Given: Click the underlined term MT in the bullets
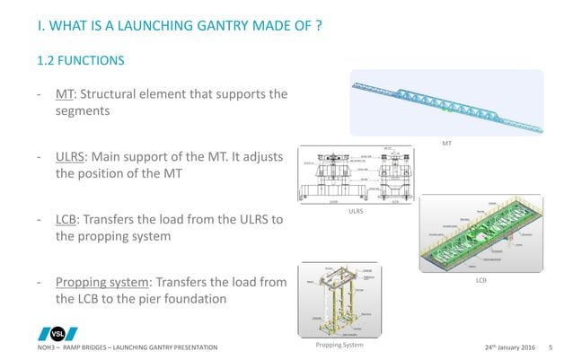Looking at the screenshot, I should [64, 93].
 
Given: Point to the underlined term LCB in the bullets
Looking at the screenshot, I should [68, 220].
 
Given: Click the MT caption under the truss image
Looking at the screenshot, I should [446, 143].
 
